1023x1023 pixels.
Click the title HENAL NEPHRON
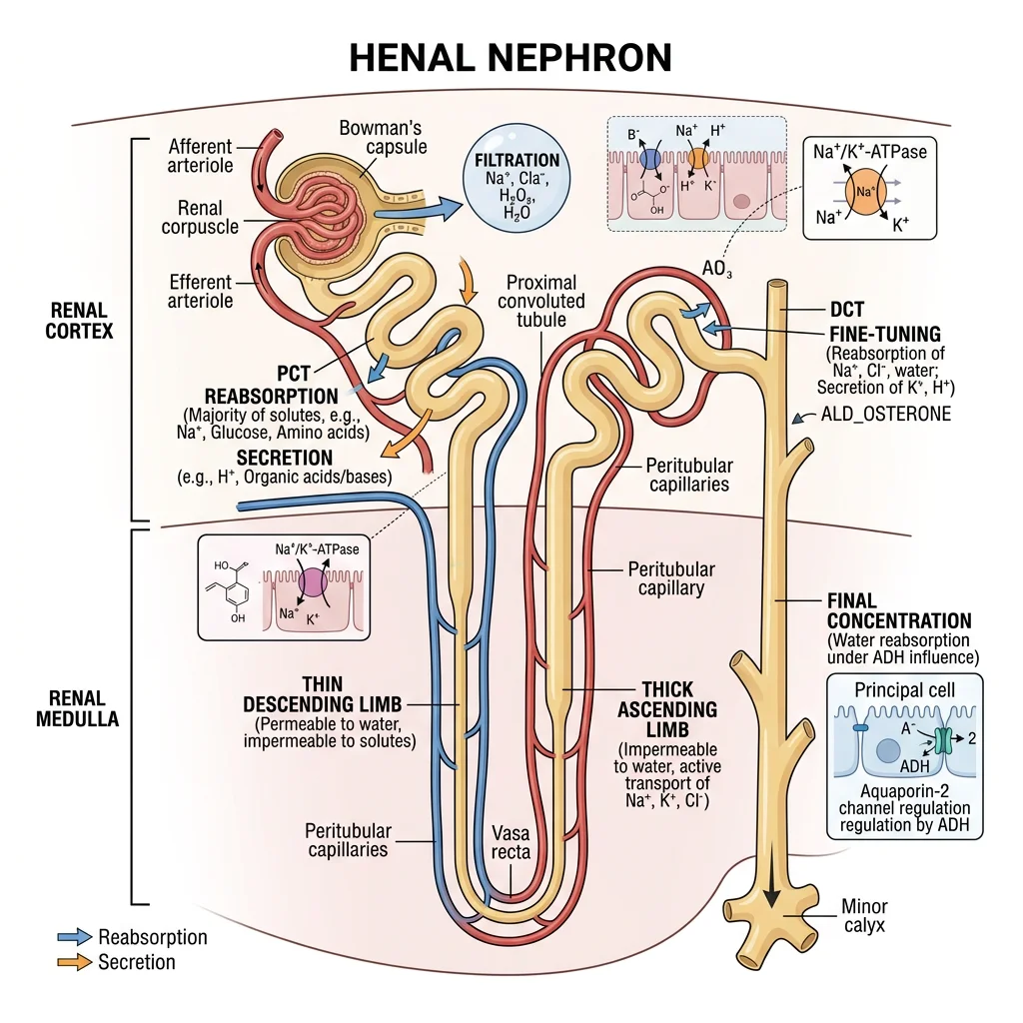pyautogui.click(x=510, y=58)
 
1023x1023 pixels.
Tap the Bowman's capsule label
pyautogui.click(x=383, y=138)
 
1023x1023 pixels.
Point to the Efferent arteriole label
pyautogui.click(x=201, y=291)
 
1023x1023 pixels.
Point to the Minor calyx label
pyautogui.click(x=863, y=916)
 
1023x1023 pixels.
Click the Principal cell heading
pyautogui.click(x=904, y=690)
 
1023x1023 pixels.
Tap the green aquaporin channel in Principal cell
pyautogui.click(x=943, y=740)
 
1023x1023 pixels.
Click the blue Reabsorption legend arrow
pyautogui.click(x=74, y=937)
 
